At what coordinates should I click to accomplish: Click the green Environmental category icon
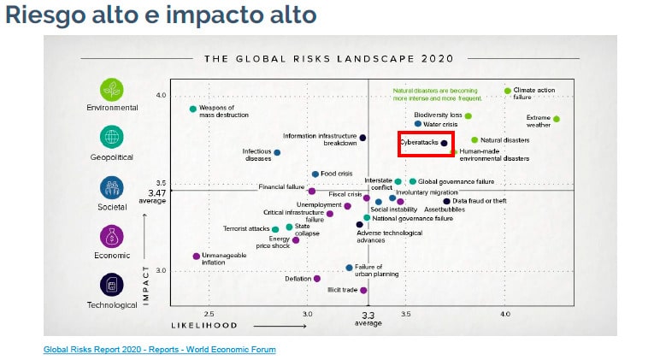click(x=112, y=89)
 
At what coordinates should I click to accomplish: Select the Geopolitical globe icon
click(x=112, y=138)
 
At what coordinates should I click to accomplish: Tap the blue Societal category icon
click(x=112, y=187)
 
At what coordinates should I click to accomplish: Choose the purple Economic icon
click(x=112, y=236)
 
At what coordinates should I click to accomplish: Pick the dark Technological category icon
click(x=112, y=285)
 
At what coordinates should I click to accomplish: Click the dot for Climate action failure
click(x=507, y=91)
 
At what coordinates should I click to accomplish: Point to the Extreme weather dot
click(x=557, y=119)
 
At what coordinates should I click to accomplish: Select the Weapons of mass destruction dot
click(x=193, y=109)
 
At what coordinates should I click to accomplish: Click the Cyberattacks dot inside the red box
click(x=444, y=143)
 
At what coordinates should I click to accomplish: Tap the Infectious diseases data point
click(x=277, y=152)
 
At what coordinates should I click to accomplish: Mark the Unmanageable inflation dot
click(x=197, y=256)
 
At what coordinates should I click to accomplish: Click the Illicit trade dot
click(x=363, y=290)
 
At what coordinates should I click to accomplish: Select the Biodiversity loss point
click(x=468, y=115)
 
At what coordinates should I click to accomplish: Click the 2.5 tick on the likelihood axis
click(x=209, y=315)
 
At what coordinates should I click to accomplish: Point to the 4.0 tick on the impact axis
click(x=160, y=96)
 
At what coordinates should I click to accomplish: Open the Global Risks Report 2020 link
click(x=160, y=350)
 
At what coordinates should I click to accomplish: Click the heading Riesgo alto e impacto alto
click(x=161, y=15)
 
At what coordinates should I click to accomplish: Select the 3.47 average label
click(x=156, y=193)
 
